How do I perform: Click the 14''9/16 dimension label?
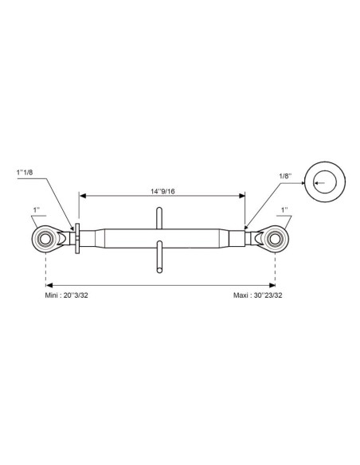click(162, 191)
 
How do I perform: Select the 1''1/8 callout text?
click(25, 172)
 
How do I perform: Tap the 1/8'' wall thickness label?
click(285, 175)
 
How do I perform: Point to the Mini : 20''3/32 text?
click(66, 295)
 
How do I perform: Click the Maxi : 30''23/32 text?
click(258, 295)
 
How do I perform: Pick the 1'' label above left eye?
click(37, 209)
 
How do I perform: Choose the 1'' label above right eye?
click(284, 209)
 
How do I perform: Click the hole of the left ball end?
click(45, 239)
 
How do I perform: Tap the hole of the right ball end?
click(275, 239)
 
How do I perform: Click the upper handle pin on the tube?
click(159, 218)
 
